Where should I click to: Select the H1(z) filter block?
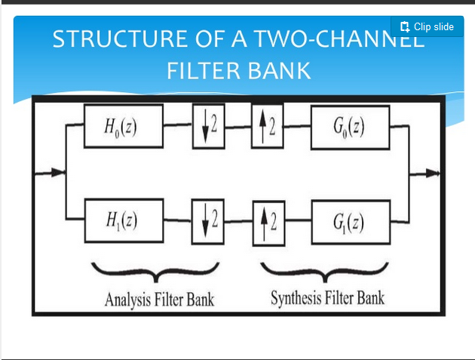point(124,220)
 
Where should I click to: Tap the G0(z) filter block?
point(349,125)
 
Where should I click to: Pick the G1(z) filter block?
point(349,221)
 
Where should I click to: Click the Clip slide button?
point(427,26)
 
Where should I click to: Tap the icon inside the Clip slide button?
point(405,26)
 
